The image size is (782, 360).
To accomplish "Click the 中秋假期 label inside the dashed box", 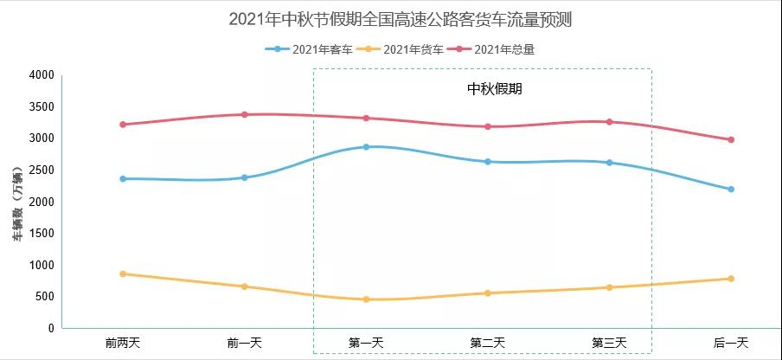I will (x=495, y=88).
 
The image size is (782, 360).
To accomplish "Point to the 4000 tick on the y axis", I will (x=41, y=75).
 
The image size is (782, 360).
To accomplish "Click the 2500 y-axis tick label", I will (x=41, y=170).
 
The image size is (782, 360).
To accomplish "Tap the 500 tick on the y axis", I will (x=44, y=297).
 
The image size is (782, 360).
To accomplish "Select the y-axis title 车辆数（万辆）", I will (x=17, y=202).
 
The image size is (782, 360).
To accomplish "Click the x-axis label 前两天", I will (x=122, y=343).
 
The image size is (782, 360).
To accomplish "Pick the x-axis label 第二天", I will (x=488, y=343).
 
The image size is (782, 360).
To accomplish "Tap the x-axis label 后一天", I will (x=731, y=343).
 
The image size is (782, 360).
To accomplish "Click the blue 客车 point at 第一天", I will (x=366, y=147).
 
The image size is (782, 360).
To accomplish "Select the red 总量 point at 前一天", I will (x=244, y=114).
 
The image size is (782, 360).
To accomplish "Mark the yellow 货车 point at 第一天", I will (x=366, y=299).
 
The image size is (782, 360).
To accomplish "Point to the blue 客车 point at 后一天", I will (x=731, y=190).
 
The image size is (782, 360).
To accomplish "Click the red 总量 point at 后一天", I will (x=731, y=139).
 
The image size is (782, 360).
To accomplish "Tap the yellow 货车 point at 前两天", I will (x=123, y=273).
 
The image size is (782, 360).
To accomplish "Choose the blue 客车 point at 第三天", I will (x=609, y=163).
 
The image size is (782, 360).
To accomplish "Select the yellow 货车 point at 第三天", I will (x=609, y=287).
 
